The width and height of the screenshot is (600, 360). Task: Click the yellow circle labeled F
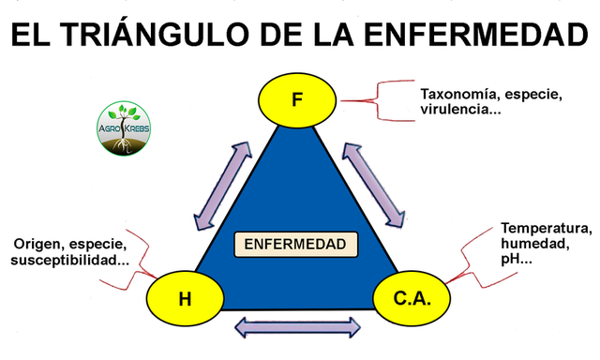297,98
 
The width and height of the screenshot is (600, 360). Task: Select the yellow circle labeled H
185,299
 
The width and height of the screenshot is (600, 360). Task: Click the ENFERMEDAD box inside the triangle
296,246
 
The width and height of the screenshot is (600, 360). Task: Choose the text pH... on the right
517,258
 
